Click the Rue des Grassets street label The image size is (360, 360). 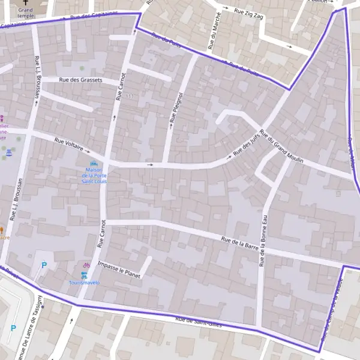(x=80, y=80)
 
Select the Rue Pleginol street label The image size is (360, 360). (x=176, y=107)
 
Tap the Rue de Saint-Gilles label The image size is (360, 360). (x=199, y=322)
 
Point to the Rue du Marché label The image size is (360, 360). (x=214, y=32)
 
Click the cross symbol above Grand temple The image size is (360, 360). (x=26, y=2)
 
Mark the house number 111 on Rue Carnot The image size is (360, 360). (x=130, y=97)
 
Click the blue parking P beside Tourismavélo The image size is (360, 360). (x=43, y=265)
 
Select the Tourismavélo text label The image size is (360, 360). (x=85, y=282)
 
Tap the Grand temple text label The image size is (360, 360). (x=26, y=13)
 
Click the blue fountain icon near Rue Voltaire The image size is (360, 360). (x=8, y=154)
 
